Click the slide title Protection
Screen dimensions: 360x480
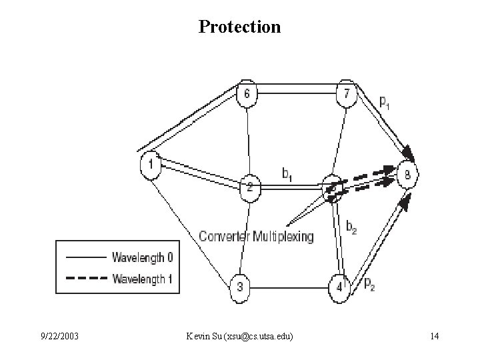click(240, 27)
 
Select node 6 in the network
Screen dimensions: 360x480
click(247, 95)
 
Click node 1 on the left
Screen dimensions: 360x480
click(151, 165)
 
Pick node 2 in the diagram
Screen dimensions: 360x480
click(249, 187)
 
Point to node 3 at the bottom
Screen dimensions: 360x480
click(241, 287)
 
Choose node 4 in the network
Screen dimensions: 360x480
click(339, 287)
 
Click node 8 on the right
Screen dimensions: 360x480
click(408, 175)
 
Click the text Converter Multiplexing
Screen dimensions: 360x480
click(256, 237)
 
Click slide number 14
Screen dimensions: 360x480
click(434, 337)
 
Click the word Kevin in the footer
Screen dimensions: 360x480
click(199, 337)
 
